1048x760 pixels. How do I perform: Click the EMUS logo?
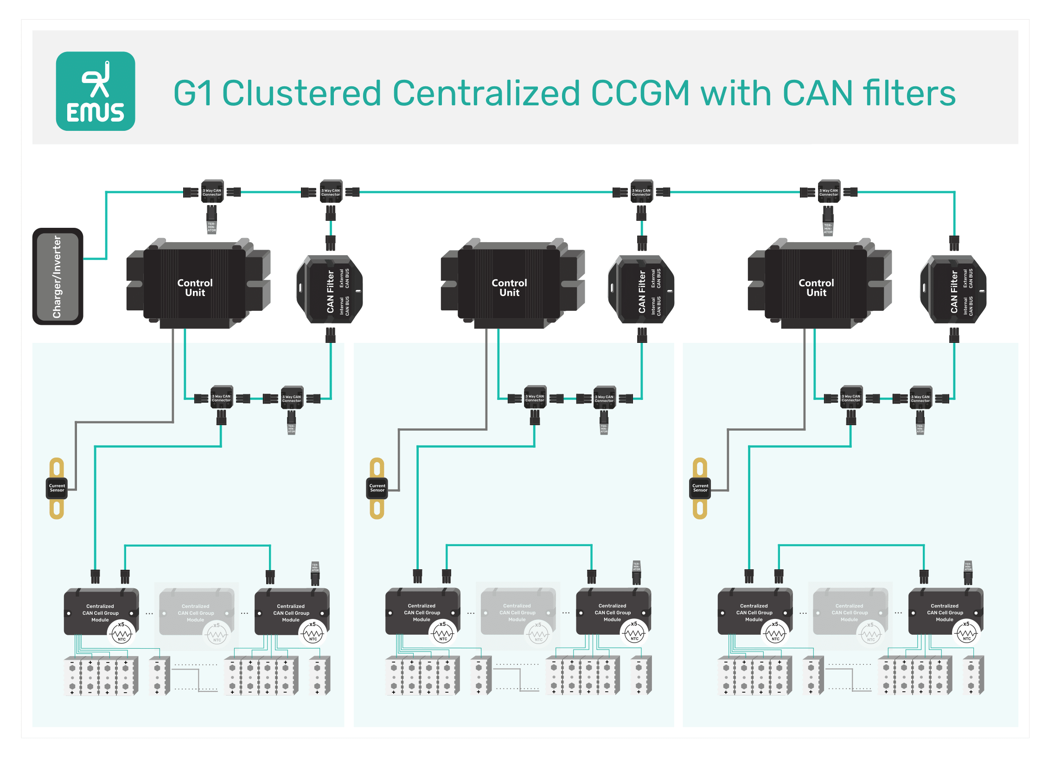click(96, 91)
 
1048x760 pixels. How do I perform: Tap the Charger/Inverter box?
click(58, 277)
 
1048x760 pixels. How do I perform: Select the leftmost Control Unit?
click(195, 287)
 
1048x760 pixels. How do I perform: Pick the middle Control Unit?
click(509, 287)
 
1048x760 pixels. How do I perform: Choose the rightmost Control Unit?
click(816, 287)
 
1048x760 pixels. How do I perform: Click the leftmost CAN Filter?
click(330, 290)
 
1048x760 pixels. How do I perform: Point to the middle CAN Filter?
click(641, 290)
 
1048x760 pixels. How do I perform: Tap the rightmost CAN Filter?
click(953, 290)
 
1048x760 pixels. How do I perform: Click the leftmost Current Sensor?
click(57, 488)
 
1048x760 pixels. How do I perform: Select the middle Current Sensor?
click(377, 488)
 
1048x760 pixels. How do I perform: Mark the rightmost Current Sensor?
click(700, 488)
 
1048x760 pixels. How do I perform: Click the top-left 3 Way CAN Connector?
click(212, 192)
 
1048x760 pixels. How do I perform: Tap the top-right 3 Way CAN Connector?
click(829, 192)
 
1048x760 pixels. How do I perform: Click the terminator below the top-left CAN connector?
click(211, 226)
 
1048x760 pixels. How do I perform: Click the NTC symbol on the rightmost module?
click(966, 633)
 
